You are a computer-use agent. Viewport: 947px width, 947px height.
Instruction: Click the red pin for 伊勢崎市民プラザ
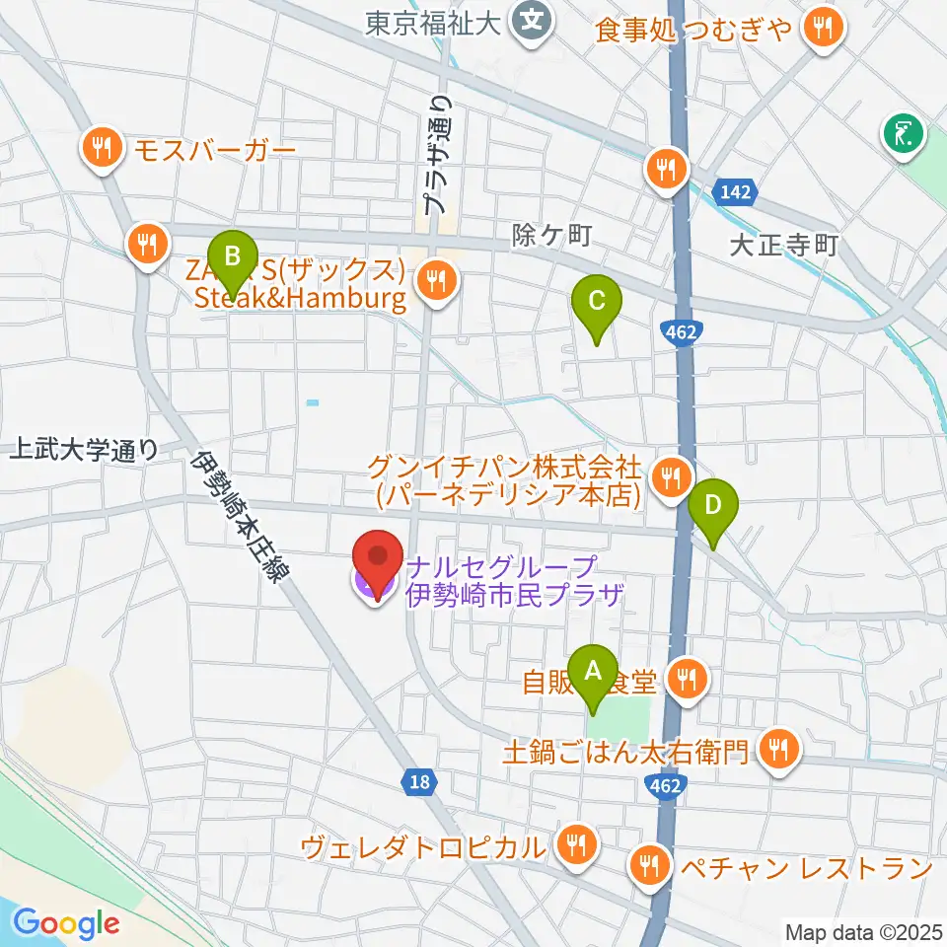[377, 565]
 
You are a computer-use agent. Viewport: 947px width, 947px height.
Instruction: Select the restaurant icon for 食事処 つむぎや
[822, 31]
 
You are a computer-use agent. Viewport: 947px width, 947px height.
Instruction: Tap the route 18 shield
[419, 782]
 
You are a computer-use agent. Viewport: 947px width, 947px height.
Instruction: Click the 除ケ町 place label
[551, 235]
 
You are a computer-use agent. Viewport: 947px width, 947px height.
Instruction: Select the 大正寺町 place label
[783, 245]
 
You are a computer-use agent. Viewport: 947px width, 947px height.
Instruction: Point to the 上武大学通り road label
[83, 451]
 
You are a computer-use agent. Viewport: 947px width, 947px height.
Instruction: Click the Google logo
[67, 922]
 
